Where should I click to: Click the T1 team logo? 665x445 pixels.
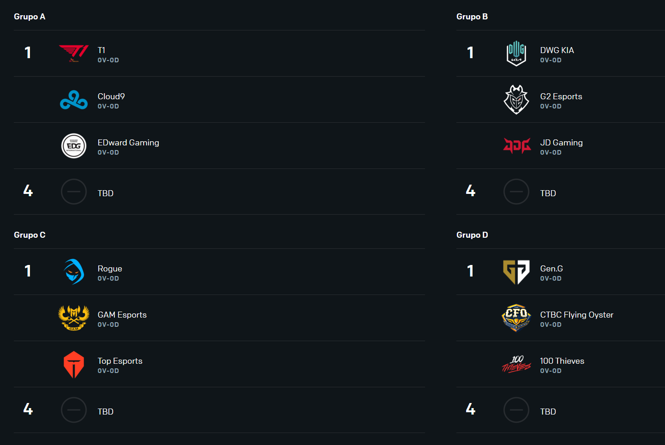click(x=74, y=53)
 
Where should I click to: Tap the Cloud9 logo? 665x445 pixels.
click(x=74, y=100)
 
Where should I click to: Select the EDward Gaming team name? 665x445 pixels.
click(x=128, y=143)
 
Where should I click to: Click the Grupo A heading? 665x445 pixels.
click(x=30, y=17)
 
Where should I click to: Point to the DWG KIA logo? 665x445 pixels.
click(x=516, y=53)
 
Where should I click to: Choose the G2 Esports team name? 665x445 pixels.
click(x=561, y=96)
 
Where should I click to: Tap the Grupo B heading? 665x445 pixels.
click(x=472, y=17)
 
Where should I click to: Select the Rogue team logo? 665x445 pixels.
click(x=74, y=271)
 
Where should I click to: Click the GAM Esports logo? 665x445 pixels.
click(x=74, y=318)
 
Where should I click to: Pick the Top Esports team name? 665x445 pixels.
click(x=120, y=361)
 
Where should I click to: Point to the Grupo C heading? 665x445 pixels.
click(x=30, y=235)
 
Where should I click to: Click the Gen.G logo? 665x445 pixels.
click(x=516, y=272)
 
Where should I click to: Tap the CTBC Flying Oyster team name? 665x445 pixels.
click(x=576, y=315)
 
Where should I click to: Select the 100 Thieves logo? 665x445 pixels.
click(x=516, y=364)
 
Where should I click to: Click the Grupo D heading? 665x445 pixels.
click(x=472, y=235)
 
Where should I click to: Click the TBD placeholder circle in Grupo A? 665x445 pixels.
click(x=74, y=179)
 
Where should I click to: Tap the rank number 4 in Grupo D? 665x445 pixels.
click(x=471, y=409)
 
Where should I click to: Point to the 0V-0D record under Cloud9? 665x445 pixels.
click(x=108, y=106)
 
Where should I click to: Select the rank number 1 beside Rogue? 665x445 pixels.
click(x=28, y=271)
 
